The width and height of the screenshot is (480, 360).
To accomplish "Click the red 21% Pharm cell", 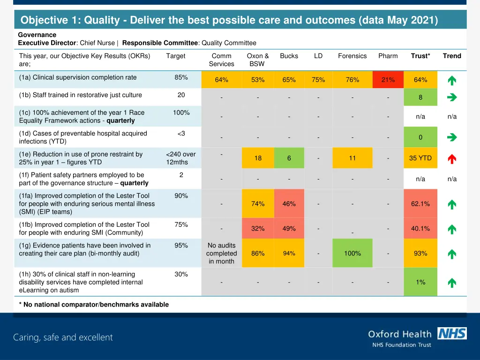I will pyautogui.click(x=388, y=80).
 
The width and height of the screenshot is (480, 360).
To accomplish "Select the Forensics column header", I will pyautogui.click(x=352, y=56).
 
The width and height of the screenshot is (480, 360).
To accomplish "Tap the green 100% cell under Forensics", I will pyautogui.click(x=352, y=253).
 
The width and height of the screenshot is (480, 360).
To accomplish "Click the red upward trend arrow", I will pyautogui.click(x=452, y=159).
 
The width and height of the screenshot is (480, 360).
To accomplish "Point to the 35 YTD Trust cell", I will pyautogui.click(x=420, y=158).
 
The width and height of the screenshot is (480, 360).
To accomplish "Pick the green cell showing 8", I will pyautogui.click(x=420, y=97).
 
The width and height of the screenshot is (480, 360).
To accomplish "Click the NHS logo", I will pyautogui.click(x=452, y=333).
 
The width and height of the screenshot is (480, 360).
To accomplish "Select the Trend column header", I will pyautogui.click(x=452, y=56).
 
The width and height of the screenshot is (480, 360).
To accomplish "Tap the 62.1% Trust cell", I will pyautogui.click(x=420, y=204).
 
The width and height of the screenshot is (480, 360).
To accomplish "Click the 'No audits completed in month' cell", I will pyautogui.click(x=221, y=253).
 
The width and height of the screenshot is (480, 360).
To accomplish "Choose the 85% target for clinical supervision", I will pyautogui.click(x=181, y=77).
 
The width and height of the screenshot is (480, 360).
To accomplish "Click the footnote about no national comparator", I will pyautogui.click(x=94, y=305).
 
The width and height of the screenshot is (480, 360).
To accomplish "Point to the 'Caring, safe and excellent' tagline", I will pyautogui.click(x=63, y=337).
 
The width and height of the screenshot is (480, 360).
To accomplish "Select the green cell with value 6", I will pyautogui.click(x=289, y=158).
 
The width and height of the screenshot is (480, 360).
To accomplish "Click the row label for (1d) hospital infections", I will pyautogui.click(x=83, y=137).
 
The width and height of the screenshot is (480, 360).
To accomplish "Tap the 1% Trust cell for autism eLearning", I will pyautogui.click(x=420, y=282).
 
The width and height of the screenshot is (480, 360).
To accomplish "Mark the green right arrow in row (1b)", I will pyautogui.click(x=452, y=97).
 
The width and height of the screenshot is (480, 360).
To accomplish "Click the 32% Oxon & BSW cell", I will pyautogui.click(x=258, y=228).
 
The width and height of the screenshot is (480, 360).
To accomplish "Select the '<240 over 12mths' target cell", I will pyautogui.click(x=181, y=158).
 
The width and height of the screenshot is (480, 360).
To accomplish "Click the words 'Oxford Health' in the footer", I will pyautogui.click(x=399, y=334).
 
